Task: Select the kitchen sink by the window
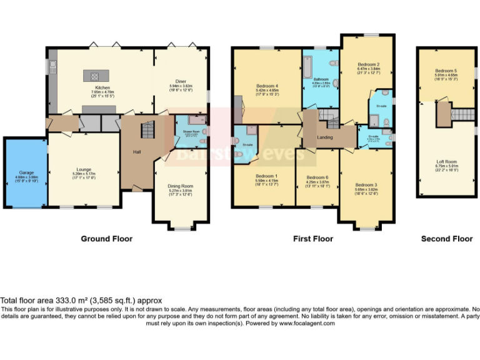coord(54,65)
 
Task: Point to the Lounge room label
coord(84,169)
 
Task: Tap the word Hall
coord(137,151)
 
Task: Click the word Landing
coord(324,137)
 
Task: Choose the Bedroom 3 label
coord(366,185)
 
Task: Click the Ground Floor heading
coord(106,239)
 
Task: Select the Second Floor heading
coord(446,239)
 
